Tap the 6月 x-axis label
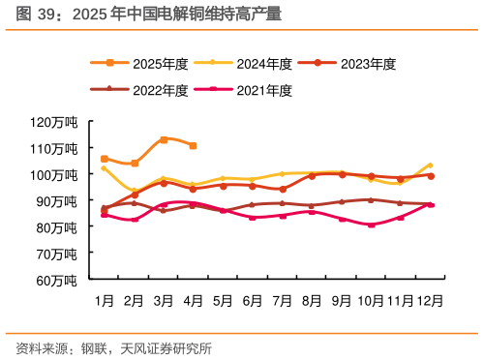point(253,301)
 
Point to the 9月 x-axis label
point(342,301)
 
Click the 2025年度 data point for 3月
point(164,139)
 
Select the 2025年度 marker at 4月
point(194,146)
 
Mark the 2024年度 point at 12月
point(431,165)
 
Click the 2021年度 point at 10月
point(372,225)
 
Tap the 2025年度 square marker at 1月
point(105,159)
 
